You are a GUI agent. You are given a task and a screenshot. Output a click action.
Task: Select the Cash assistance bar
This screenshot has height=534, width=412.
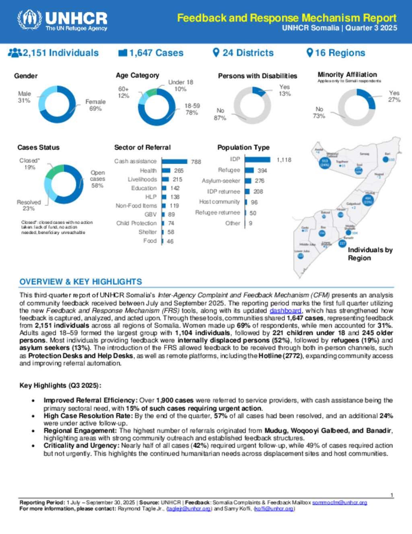click(174, 161)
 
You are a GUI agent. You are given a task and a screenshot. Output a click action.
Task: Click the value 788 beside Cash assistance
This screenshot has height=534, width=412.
click(196, 162)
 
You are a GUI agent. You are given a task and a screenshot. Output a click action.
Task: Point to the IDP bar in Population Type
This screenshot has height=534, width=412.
click(257, 160)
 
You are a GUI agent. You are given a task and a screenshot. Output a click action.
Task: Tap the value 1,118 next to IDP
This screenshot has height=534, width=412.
click(284, 160)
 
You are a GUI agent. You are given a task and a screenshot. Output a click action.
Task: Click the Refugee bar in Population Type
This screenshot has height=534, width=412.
click(249, 170)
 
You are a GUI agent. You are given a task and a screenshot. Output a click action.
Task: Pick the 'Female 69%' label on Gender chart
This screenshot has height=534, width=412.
click(95, 105)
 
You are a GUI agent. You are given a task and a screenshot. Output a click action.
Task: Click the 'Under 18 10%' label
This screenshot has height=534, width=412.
click(181, 85)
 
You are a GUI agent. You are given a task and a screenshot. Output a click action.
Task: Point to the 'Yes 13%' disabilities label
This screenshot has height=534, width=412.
click(284, 90)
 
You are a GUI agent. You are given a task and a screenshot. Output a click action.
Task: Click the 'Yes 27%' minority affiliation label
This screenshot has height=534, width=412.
click(394, 96)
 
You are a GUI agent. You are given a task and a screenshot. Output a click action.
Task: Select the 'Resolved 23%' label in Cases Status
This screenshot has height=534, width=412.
click(29, 205)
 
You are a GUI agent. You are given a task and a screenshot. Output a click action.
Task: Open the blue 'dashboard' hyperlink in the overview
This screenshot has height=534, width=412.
click(285, 311)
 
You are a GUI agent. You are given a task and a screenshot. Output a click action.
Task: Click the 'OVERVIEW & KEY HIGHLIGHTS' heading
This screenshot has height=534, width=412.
click(81, 282)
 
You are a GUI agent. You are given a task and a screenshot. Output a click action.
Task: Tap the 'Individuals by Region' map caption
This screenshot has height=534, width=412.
click(370, 254)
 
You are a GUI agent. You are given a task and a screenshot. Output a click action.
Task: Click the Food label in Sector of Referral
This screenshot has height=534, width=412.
click(150, 241)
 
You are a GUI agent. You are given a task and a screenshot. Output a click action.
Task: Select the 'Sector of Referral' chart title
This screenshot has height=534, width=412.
click(142, 148)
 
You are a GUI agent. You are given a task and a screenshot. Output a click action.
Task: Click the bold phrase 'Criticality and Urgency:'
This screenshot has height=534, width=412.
click(81, 445)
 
